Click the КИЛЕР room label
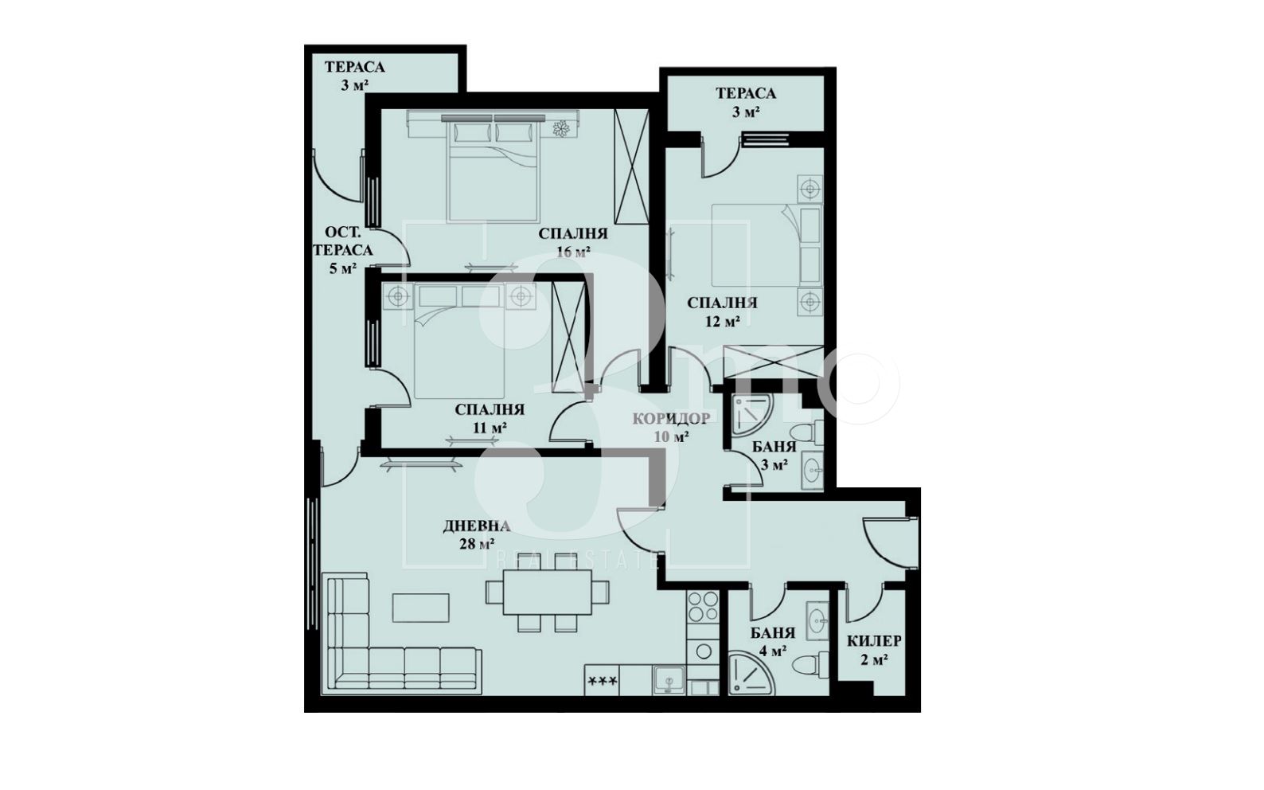click(x=873, y=641)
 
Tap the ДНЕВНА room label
click(x=477, y=526)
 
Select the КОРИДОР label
click(x=671, y=418)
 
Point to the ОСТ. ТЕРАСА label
click(x=343, y=241)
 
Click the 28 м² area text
click(x=478, y=545)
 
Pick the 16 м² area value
click(x=573, y=252)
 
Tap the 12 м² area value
click(x=722, y=321)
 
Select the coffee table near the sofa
click(x=421, y=608)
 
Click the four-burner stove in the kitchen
click(x=703, y=606)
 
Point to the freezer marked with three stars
click(x=602, y=680)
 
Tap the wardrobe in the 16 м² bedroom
click(x=631, y=167)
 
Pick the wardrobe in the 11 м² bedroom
click(x=568, y=337)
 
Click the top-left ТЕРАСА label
click(x=354, y=67)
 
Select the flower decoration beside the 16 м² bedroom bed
click(x=560, y=129)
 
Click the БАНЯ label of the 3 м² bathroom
click(x=774, y=447)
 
